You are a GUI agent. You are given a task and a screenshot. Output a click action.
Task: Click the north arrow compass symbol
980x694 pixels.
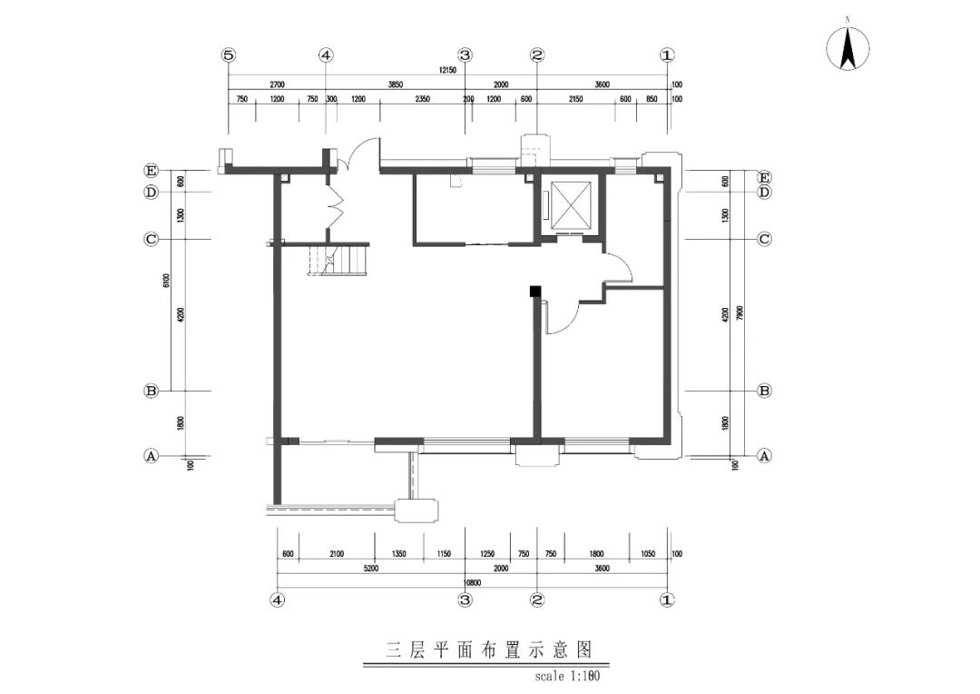pyautogui.click(x=848, y=48)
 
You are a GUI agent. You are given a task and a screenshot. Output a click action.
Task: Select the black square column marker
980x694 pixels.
pyautogui.click(x=535, y=291)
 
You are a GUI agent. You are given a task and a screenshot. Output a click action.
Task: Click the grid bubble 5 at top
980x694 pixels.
pyautogui.click(x=229, y=55)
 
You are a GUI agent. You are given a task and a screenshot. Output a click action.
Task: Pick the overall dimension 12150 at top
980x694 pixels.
pyautogui.click(x=446, y=70)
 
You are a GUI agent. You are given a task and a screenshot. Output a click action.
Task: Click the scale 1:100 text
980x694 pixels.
pyautogui.click(x=569, y=676)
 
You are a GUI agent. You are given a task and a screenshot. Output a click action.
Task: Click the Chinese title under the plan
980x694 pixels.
pyautogui.click(x=489, y=650)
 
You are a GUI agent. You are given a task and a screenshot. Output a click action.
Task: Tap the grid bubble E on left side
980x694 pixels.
pyautogui.click(x=152, y=170)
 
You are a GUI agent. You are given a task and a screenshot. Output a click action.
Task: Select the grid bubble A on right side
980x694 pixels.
pyautogui.click(x=764, y=456)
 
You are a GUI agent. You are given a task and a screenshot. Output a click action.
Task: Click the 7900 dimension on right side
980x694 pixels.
pyautogui.click(x=740, y=313)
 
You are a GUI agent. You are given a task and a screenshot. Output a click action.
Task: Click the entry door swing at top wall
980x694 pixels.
pyautogui.click(x=359, y=153)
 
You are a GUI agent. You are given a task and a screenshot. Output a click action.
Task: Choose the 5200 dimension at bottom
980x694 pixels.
pyautogui.click(x=370, y=568)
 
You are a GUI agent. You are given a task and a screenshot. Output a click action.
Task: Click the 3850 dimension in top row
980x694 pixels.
pyautogui.click(x=395, y=84)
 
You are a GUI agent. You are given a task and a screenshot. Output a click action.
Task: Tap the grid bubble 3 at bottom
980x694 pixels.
pyautogui.click(x=465, y=600)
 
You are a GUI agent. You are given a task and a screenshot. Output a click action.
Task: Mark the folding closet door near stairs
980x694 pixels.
pyautogui.click(x=335, y=207)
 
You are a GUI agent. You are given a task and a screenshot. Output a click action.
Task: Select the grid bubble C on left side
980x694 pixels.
pyautogui.click(x=152, y=240)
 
